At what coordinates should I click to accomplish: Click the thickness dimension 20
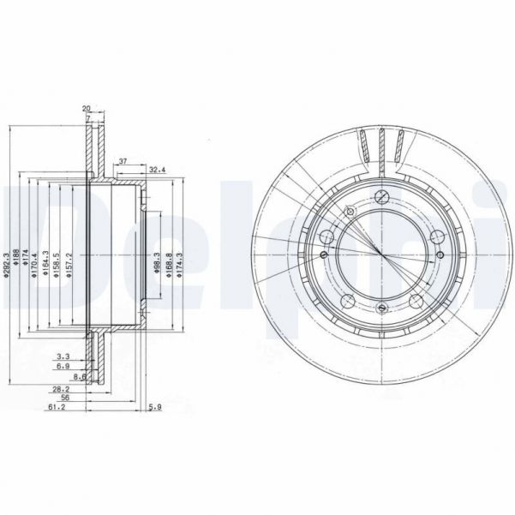[x=87, y=108]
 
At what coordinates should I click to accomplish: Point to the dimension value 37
[x=123, y=160]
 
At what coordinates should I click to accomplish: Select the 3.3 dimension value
[x=63, y=355]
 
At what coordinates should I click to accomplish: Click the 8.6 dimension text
[x=78, y=375]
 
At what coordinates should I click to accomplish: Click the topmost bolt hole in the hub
[x=378, y=195]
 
